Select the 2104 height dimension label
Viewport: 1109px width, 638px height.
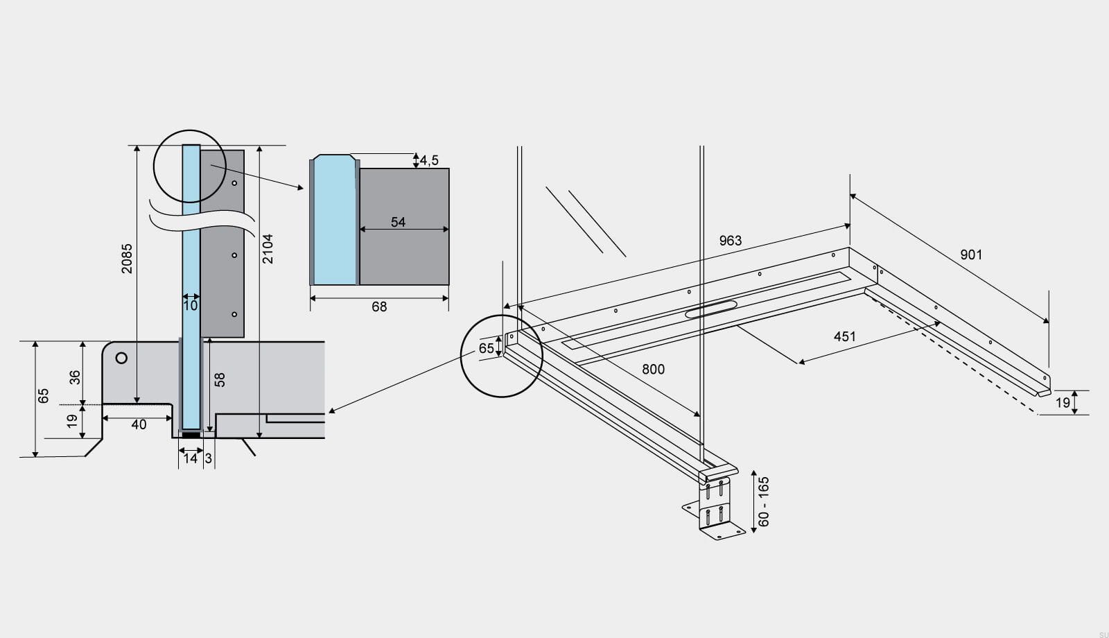pos(268,248)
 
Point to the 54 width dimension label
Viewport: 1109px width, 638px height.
pos(398,222)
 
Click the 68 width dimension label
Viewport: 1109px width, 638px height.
pos(379,307)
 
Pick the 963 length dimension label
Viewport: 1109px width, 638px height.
pos(730,240)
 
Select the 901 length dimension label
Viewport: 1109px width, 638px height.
pos(971,255)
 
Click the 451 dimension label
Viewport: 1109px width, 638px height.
pos(844,336)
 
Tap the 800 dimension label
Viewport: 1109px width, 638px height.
pos(653,369)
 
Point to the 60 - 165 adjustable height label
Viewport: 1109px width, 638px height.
pos(764,501)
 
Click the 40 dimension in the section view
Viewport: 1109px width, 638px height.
pos(139,424)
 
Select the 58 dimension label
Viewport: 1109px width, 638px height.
pos(220,379)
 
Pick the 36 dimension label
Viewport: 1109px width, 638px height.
pos(75,377)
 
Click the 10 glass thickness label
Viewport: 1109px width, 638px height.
pos(191,305)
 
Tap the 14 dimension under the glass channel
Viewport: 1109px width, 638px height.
pos(190,458)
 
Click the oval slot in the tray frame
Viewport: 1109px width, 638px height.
pos(711,309)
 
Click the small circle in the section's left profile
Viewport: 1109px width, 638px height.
pos(121,358)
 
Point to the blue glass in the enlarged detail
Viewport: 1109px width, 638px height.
pos(335,222)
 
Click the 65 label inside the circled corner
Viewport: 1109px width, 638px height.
pos(487,348)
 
